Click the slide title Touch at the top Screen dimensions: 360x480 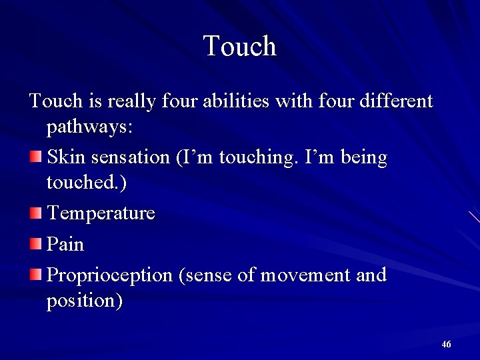tap(240, 47)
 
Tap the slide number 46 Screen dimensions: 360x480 tap(446, 344)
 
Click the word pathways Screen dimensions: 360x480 tap(87, 128)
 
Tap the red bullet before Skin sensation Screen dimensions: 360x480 tap(36, 157)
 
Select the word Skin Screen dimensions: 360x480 tap(65, 158)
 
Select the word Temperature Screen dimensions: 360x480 tap(101, 213)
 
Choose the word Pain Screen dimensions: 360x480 tap(65, 245)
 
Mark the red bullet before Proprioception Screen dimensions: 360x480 tap(36, 273)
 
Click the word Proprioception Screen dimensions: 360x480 tap(109, 275)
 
